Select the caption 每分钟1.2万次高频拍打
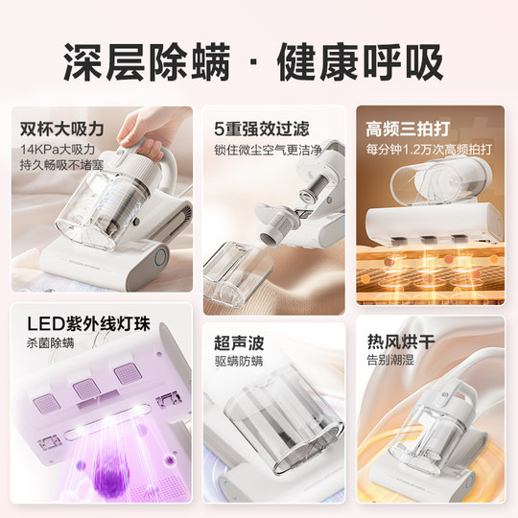click(429, 150)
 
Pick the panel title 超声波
click(240, 342)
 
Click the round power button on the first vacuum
click(160, 257)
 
